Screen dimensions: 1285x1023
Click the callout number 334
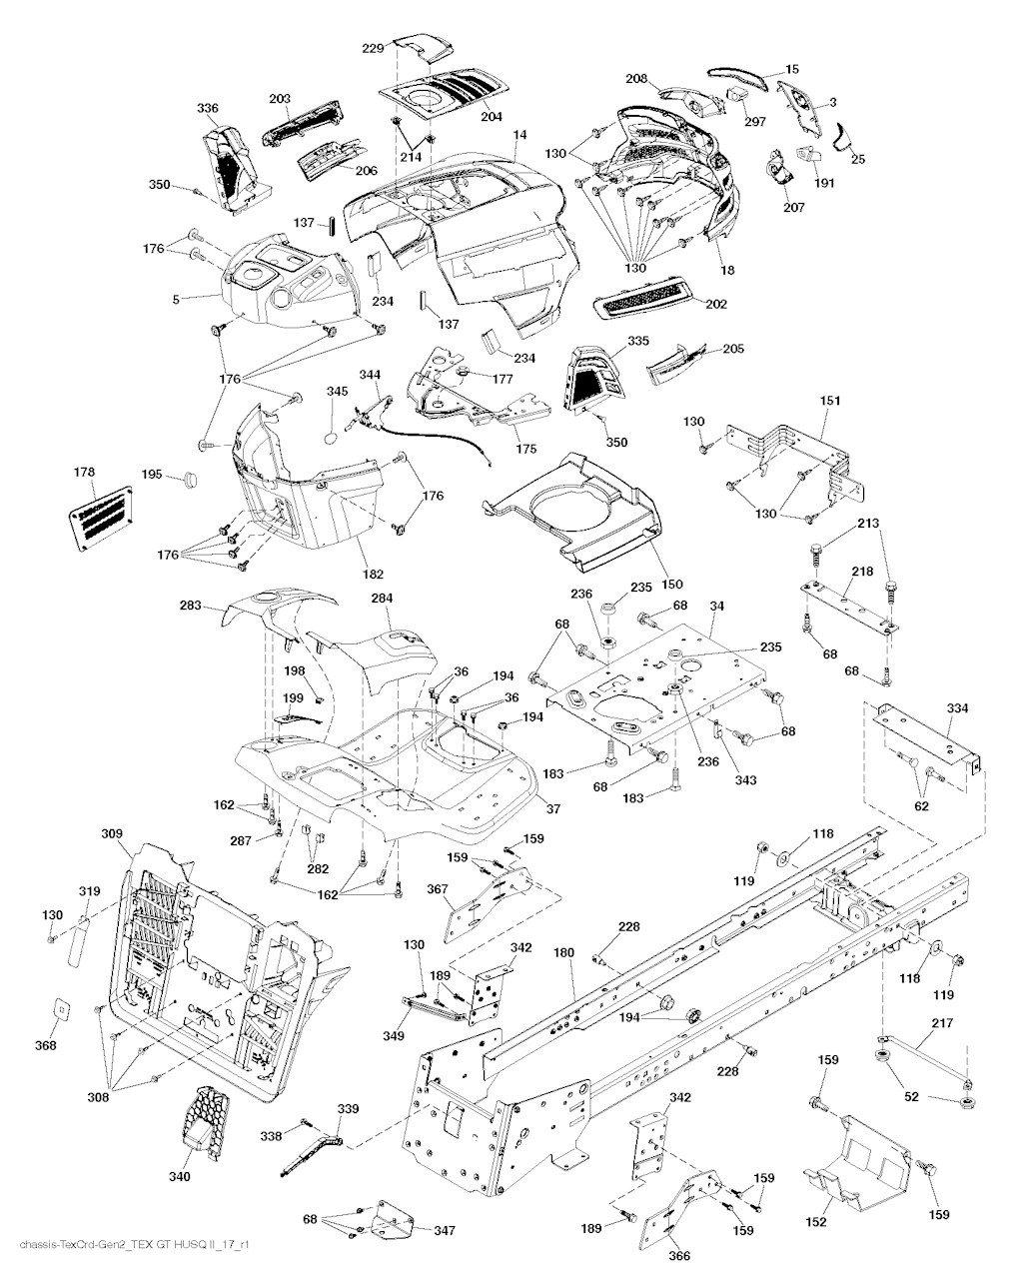pyautogui.click(x=957, y=708)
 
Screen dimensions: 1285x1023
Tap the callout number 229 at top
pyautogui.click(x=372, y=48)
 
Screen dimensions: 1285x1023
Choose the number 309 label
pyautogui.click(x=112, y=832)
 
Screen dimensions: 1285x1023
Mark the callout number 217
pyautogui.click(x=943, y=1022)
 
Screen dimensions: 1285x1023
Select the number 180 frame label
pyautogui.click(x=564, y=953)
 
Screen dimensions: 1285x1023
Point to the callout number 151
pyautogui.click(x=830, y=401)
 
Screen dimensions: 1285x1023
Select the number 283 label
pyautogui.click(x=190, y=606)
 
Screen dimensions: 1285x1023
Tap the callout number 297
pyautogui.click(x=754, y=121)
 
